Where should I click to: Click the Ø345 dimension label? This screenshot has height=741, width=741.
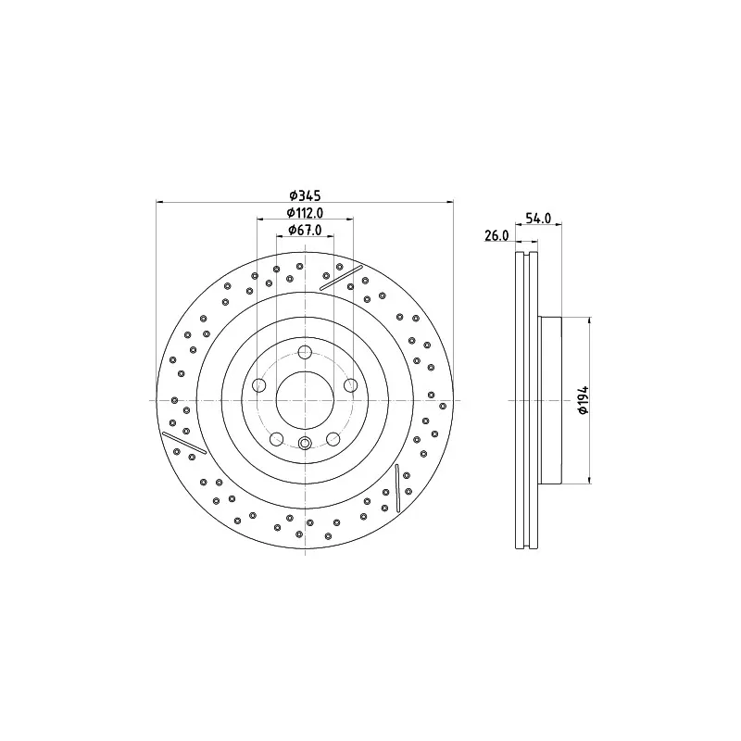(x=305, y=195)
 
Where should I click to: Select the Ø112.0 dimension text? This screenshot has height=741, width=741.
(x=305, y=213)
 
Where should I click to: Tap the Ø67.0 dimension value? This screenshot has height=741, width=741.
(x=305, y=230)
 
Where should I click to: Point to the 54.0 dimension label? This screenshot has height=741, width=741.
(x=538, y=218)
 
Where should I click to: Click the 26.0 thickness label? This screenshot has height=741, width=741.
(x=496, y=235)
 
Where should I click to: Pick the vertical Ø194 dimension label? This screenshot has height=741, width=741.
(x=584, y=400)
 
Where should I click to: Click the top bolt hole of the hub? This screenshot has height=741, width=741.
(x=305, y=352)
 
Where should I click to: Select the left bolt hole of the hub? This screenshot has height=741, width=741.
(x=259, y=385)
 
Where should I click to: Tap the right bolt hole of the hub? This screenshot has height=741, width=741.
(x=351, y=385)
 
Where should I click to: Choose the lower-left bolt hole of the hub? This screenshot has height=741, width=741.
(x=276, y=439)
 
